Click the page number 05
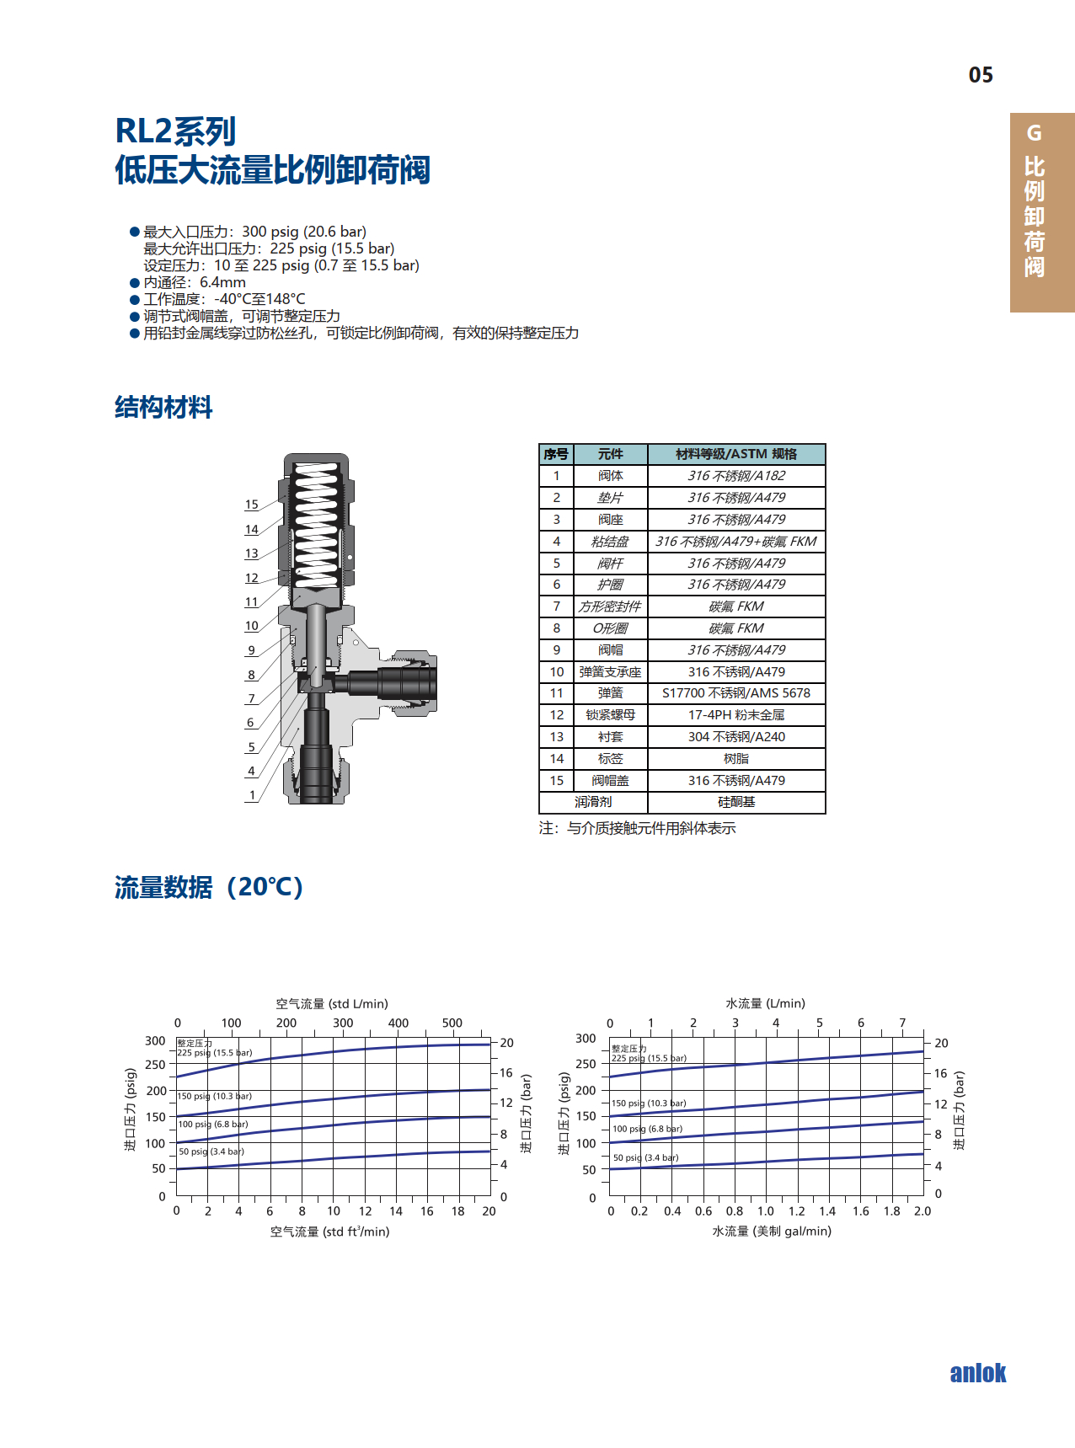click(x=981, y=75)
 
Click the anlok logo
click(x=977, y=1373)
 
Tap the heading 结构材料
click(x=163, y=408)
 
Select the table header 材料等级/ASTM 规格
click(x=735, y=454)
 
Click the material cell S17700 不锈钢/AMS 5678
click(x=735, y=693)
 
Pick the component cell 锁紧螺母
click(x=610, y=715)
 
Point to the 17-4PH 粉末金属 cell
click(x=735, y=715)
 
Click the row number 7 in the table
click(x=556, y=606)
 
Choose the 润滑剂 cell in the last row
click(x=593, y=802)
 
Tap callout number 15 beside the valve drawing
click(x=251, y=505)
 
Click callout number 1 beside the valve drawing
click(x=251, y=795)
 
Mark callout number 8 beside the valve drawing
click(x=251, y=675)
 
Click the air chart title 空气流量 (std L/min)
click(x=332, y=1003)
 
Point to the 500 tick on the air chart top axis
click(x=452, y=1023)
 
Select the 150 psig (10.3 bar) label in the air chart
click(x=215, y=1096)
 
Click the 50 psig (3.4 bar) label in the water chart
click(x=645, y=1157)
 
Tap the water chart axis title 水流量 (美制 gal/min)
click(x=772, y=1231)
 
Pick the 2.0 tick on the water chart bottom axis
click(x=923, y=1211)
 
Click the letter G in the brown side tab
click(x=1034, y=133)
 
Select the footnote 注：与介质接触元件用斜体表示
click(x=637, y=828)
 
